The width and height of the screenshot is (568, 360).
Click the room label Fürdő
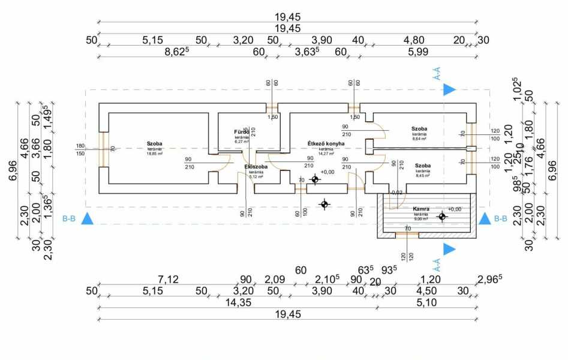click(x=241, y=132)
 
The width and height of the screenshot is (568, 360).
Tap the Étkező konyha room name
click(x=326, y=144)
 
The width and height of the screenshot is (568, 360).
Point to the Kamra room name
click(x=420, y=209)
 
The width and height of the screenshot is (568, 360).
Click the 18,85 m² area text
click(x=155, y=153)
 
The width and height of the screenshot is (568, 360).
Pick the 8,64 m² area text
click(x=419, y=139)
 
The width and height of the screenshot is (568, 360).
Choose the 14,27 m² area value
click(x=326, y=154)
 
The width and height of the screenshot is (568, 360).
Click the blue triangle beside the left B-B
click(x=88, y=218)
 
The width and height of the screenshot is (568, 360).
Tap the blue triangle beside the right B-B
click(x=484, y=218)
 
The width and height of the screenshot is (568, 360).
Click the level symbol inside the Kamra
click(x=442, y=217)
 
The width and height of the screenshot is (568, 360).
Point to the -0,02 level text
click(x=396, y=193)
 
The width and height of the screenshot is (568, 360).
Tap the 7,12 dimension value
click(x=168, y=279)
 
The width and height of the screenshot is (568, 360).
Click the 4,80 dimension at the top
click(x=413, y=40)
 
